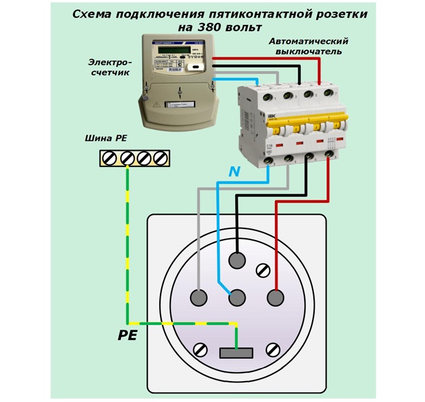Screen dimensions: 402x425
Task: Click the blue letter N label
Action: (x=234, y=172)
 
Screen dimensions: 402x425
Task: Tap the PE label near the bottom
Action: (x=127, y=337)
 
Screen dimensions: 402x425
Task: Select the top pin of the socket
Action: (x=236, y=260)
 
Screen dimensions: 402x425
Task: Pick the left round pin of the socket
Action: (x=198, y=298)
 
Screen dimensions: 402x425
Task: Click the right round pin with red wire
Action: (x=275, y=298)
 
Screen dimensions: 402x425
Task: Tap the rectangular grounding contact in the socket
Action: (x=236, y=353)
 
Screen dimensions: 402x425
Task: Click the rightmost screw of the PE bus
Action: (x=160, y=159)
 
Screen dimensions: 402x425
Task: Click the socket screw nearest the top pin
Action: (x=265, y=268)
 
